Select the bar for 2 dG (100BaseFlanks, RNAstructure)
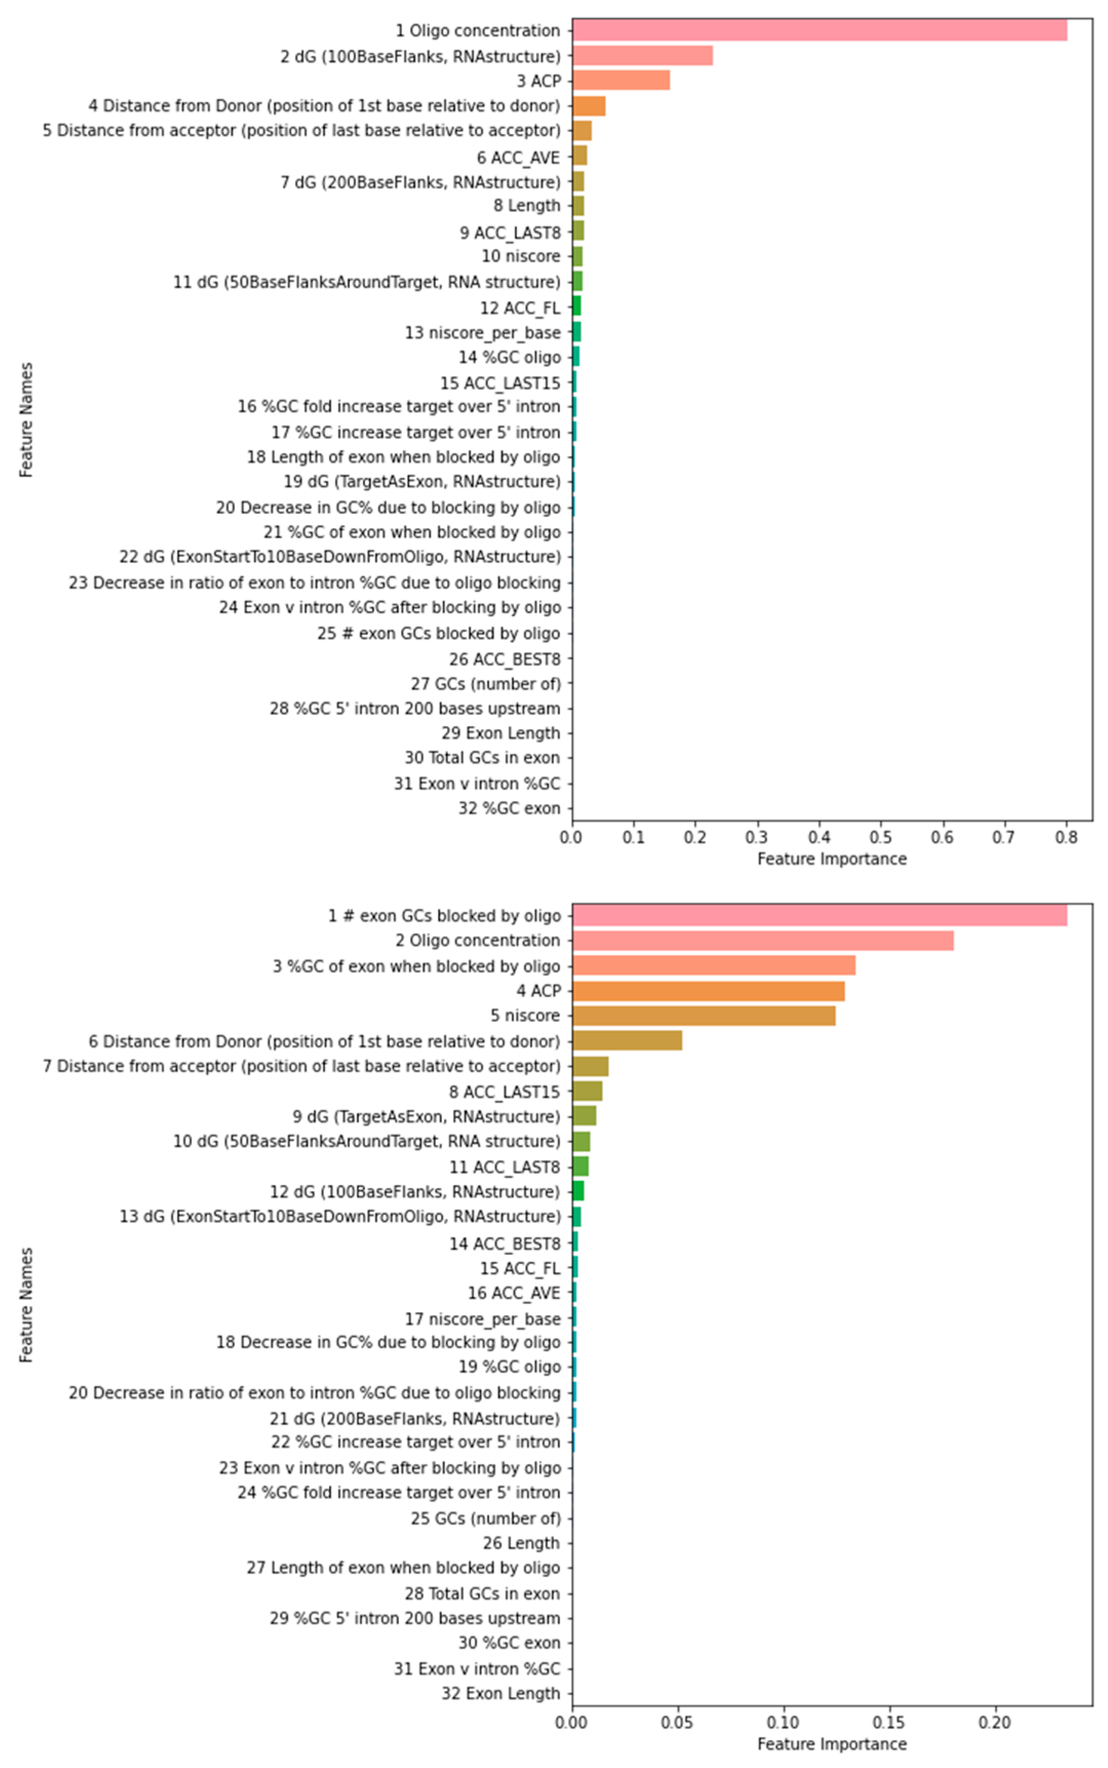tap(642, 56)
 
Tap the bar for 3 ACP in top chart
tap(621, 81)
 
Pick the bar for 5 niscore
tap(703, 1015)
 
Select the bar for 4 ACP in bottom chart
tap(708, 991)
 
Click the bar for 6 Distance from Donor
tap(627, 1040)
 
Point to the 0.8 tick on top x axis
tap(1066, 837)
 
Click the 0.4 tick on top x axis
tap(819, 837)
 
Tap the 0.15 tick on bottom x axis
tap(890, 1722)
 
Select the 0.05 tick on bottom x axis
tap(677, 1722)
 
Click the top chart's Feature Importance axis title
tap(832, 859)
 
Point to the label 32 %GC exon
tap(509, 808)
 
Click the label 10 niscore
tap(520, 256)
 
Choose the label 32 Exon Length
tap(500, 1693)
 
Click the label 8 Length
tap(526, 205)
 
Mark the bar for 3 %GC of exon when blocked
tap(713, 966)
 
